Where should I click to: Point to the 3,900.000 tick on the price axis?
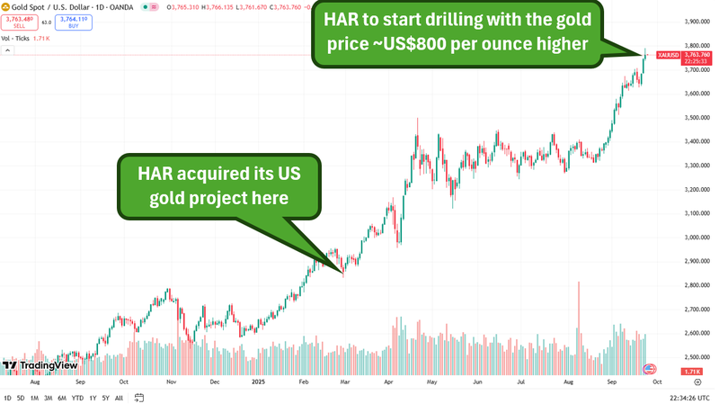click(x=697, y=22)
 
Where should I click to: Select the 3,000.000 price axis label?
click(x=697, y=238)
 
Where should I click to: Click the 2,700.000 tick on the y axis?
click(x=697, y=310)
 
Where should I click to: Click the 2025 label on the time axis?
click(x=257, y=382)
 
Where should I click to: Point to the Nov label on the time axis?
click(x=170, y=382)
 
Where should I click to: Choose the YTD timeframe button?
click(x=77, y=398)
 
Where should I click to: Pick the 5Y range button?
click(x=106, y=398)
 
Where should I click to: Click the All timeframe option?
click(x=120, y=398)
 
